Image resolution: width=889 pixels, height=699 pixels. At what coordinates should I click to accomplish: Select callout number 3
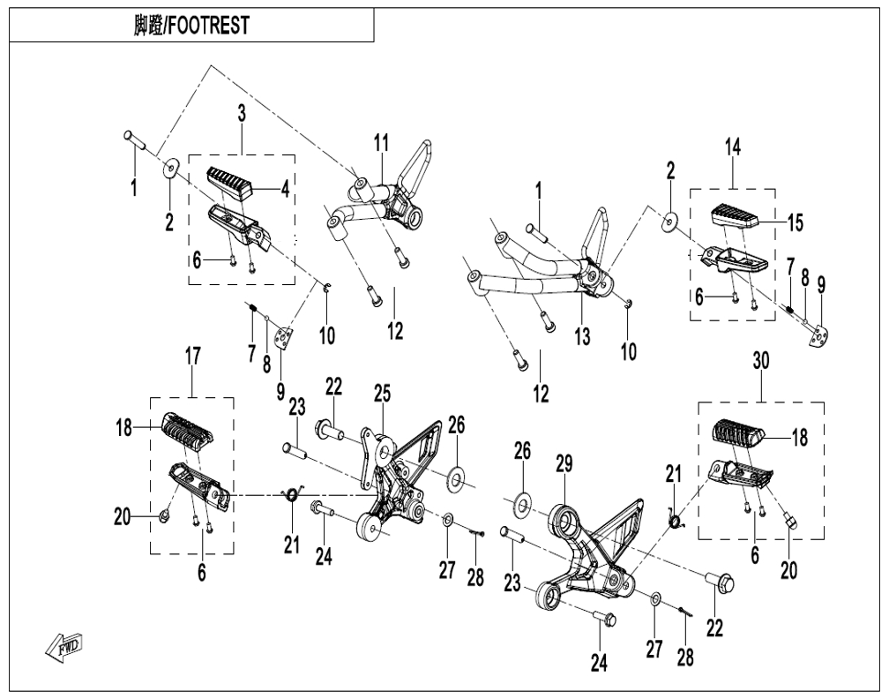click(242, 114)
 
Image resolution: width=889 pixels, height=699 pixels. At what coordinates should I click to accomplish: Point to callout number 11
click(382, 143)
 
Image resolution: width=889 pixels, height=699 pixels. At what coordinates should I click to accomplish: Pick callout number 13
click(582, 337)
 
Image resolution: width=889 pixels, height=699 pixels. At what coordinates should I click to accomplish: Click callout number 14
click(733, 147)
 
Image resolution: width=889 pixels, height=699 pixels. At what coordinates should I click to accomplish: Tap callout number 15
click(795, 223)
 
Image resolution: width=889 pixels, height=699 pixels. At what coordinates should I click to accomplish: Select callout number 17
click(193, 357)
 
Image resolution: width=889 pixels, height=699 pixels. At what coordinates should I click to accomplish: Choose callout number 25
click(382, 394)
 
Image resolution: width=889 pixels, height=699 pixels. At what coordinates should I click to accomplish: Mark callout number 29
click(564, 464)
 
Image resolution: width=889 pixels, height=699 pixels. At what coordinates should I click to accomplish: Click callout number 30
click(761, 361)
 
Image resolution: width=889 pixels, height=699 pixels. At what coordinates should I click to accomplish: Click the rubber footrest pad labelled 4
click(230, 184)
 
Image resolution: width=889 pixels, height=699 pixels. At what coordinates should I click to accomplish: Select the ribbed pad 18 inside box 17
click(188, 432)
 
